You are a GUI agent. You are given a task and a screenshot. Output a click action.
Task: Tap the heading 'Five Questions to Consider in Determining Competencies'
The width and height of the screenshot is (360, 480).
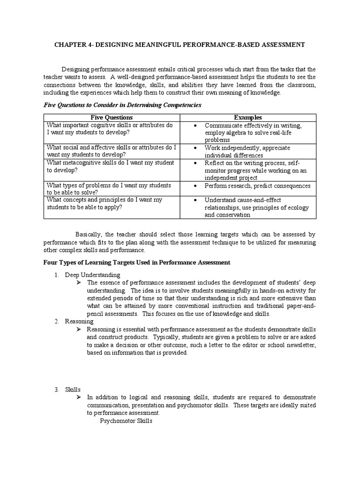122,105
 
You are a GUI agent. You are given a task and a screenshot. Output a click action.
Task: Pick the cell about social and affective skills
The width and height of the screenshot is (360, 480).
111,151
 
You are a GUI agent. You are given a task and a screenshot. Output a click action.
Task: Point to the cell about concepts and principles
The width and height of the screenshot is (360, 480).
104,203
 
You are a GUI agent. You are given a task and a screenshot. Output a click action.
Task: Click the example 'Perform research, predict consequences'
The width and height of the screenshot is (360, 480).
257,186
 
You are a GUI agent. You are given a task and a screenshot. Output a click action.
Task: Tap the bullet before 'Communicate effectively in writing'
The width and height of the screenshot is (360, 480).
195,126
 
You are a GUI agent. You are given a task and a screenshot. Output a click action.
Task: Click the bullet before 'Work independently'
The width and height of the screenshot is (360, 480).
195,148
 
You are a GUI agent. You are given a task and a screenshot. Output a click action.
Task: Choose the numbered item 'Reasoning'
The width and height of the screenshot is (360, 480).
79,321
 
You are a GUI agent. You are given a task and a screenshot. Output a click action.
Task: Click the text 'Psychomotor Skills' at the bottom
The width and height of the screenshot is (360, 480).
126,420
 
